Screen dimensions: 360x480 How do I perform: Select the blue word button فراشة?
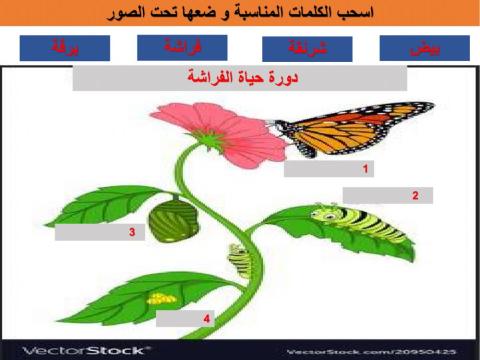pos(183,46)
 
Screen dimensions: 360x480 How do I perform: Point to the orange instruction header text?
pos(240,15)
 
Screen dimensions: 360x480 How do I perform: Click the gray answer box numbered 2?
pos(383,195)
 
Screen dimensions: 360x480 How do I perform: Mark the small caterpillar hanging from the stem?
pos(237,261)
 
